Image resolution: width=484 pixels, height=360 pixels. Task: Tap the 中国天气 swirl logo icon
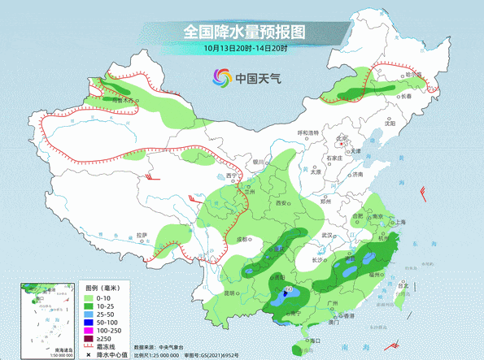[221, 78]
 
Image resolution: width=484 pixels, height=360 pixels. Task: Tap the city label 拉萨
[142, 236]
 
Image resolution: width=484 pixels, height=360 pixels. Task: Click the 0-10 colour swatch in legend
[92, 298]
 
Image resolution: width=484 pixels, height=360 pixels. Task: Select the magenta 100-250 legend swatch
[92, 331]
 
